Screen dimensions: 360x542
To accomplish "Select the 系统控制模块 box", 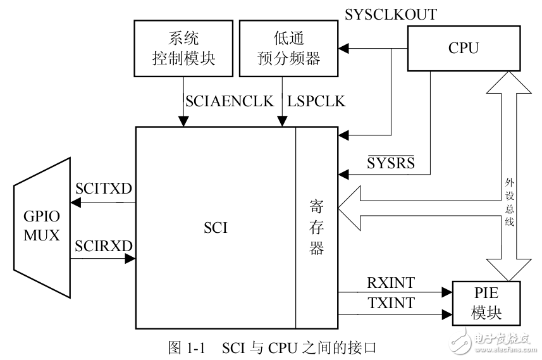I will click(183, 49).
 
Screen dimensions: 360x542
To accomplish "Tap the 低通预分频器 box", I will click(289, 49).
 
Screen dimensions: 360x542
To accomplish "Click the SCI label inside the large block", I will click(216, 228).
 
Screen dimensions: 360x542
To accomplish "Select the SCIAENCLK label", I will click(228, 101).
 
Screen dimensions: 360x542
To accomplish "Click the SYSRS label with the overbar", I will click(391, 163).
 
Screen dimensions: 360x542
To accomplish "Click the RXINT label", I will click(391, 282).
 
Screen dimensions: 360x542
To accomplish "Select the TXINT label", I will click(391, 303).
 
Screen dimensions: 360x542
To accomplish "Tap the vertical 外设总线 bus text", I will click(509, 202).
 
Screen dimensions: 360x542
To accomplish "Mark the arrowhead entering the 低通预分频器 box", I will click(342, 48).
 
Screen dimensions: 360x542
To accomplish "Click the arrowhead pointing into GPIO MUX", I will click(76, 202).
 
